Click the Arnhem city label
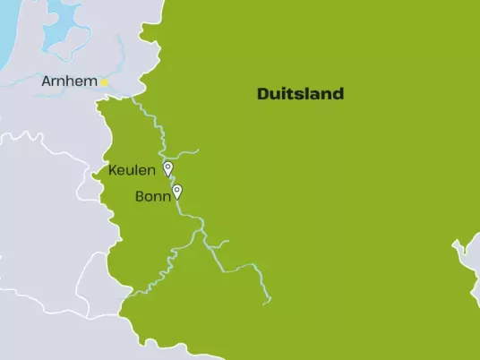(x=70, y=82)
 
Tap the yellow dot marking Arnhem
(x=104, y=82)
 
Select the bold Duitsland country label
(x=300, y=94)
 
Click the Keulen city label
(x=132, y=170)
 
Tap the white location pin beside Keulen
(x=167, y=168)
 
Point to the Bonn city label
(x=152, y=196)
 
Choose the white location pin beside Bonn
(x=177, y=191)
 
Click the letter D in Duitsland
(x=262, y=94)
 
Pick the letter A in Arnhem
(x=47, y=82)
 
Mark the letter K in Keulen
(x=112, y=170)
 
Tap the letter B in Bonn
(x=139, y=196)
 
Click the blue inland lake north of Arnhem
(x=63, y=27)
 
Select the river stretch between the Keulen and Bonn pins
(x=172, y=184)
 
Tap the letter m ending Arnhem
(x=90, y=82)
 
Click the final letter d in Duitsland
(x=339, y=94)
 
